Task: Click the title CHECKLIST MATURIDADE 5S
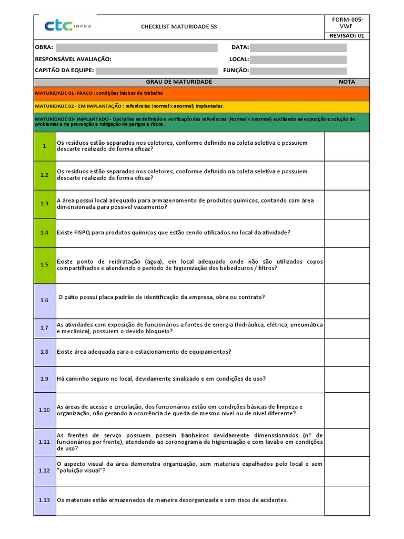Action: pyautogui.click(x=179, y=26)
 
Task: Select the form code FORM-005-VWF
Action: pyautogui.click(x=347, y=23)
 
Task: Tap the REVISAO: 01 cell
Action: pyautogui.click(x=347, y=36)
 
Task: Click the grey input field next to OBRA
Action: pyautogui.click(x=136, y=47)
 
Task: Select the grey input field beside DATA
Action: pyautogui.click(x=298, y=47)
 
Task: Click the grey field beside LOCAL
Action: pyautogui.click(x=298, y=59)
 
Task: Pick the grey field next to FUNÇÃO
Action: pyautogui.click(x=298, y=71)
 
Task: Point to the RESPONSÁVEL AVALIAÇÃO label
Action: pyautogui.click(x=73, y=59)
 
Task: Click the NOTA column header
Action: pyautogui.click(x=347, y=82)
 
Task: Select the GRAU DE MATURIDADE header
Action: pyautogui.click(x=179, y=82)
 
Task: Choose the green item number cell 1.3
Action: pyautogui.click(x=45, y=204)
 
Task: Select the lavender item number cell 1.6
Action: pyautogui.click(x=45, y=300)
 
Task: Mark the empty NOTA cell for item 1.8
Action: pyautogui.click(x=347, y=352)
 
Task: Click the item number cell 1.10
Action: pyautogui.click(x=45, y=410)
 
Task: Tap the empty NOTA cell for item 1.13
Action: pyautogui.click(x=347, y=500)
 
